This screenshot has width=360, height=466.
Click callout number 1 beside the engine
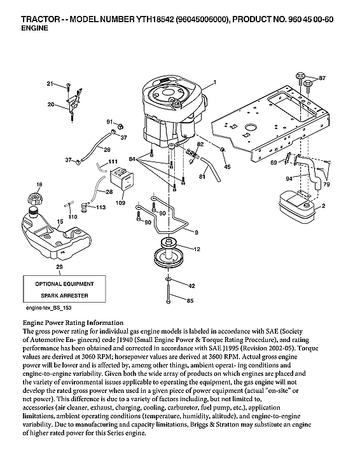215,83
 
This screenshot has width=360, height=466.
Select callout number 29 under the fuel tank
59,266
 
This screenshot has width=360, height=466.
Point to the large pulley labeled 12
170,256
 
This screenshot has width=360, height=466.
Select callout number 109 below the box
120,203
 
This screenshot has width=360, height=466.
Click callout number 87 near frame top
321,78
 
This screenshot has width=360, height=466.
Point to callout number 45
227,167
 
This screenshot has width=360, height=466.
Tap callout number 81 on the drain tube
203,175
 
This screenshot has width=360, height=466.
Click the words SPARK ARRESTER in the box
64,296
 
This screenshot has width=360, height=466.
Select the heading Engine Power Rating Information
73,322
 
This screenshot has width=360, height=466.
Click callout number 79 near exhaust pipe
326,184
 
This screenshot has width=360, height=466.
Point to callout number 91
109,121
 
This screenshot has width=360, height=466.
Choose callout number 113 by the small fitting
100,207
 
